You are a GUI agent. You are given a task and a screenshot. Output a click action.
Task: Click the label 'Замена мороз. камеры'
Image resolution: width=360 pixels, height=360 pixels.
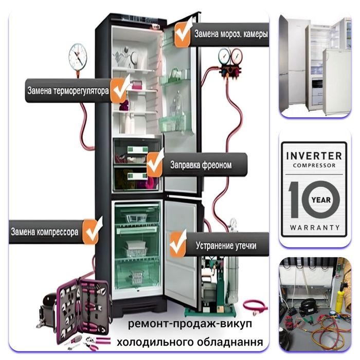coord(230,35)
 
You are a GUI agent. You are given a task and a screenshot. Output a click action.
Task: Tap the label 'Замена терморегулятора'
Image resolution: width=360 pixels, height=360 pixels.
coord(67,92)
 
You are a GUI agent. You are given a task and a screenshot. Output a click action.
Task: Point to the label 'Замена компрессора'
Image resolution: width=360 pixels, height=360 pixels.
coord(45,232)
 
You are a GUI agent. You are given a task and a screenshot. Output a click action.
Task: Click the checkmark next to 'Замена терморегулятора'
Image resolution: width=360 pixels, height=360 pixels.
coord(121,89)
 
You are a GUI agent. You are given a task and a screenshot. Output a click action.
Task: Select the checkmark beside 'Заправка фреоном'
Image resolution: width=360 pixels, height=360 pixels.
coord(155,164)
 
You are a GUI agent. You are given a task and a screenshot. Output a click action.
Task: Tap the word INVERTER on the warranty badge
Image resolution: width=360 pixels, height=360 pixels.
coord(314,155)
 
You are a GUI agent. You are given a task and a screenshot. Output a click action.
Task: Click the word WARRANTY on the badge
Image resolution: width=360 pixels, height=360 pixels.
coord(314,227)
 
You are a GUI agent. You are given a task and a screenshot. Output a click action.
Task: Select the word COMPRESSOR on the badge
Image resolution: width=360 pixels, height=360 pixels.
coord(314,166)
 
